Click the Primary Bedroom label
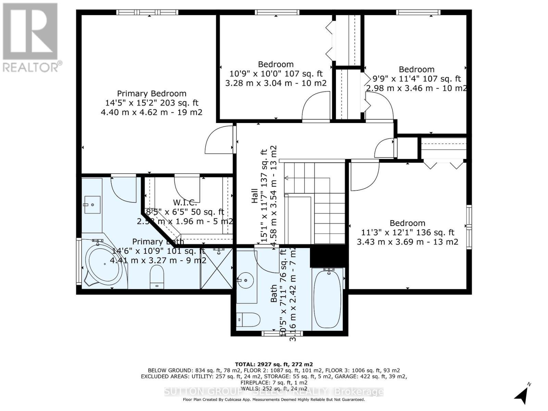pyautogui.click(x=152, y=94)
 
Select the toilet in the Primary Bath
pyautogui.click(x=157, y=277)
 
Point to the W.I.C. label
pyautogui.click(x=185, y=203)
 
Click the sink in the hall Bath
pyautogui.click(x=246, y=281)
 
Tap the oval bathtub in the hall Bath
pyautogui.click(x=328, y=298)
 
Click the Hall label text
pyautogui.click(x=255, y=196)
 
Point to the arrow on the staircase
pyautogui.click(x=286, y=178)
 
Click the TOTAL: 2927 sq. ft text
pyautogui.click(x=274, y=364)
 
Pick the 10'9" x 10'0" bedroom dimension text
pyautogui.click(x=276, y=73)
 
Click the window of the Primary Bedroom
pyautogui.click(x=139, y=12)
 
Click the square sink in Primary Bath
pyautogui.click(x=92, y=205)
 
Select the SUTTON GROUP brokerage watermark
pyautogui.click(x=274, y=391)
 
